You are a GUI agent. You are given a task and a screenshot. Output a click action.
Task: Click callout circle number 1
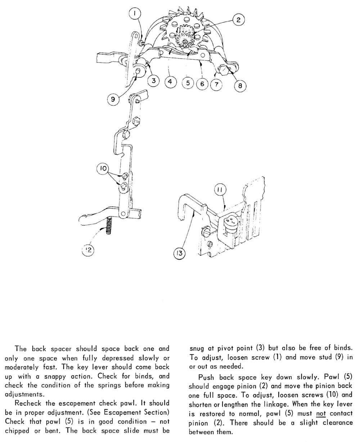pyautogui.click(x=135, y=14)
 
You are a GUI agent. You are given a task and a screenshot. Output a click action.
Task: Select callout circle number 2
pyautogui.click(x=238, y=20)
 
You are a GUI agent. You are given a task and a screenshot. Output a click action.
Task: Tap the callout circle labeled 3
pyautogui.click(x=154, y=81)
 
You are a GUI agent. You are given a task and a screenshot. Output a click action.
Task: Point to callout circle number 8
pyautogui.click(x=240, y=86)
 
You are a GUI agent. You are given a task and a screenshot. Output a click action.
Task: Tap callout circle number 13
pyautogui.click(x=179, y=254)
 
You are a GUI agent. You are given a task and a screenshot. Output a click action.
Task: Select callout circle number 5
pyautogui.click(x=188, y=83)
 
